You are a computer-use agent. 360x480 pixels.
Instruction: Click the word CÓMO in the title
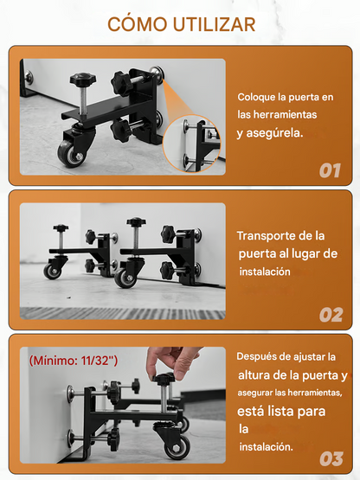pos(138,24)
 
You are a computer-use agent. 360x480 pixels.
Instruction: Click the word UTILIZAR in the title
pos(214,24)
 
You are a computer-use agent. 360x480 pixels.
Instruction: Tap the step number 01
pos(330,170)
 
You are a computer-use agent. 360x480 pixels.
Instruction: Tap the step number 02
pos(331,315)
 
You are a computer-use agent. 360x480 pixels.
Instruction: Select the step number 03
pos(331,459)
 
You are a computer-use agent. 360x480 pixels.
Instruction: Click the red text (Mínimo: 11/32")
pos(74,361)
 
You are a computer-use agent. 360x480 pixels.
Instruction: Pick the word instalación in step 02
pos(265,272)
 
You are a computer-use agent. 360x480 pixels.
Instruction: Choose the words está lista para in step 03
pos(281,412)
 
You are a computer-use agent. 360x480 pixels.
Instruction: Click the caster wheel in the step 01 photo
pos(70,153)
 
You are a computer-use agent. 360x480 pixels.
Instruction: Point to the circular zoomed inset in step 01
pos(191,144)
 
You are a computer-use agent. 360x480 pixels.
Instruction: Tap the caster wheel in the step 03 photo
pos(177,445)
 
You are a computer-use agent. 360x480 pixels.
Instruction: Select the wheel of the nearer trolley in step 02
pos(126,277)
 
